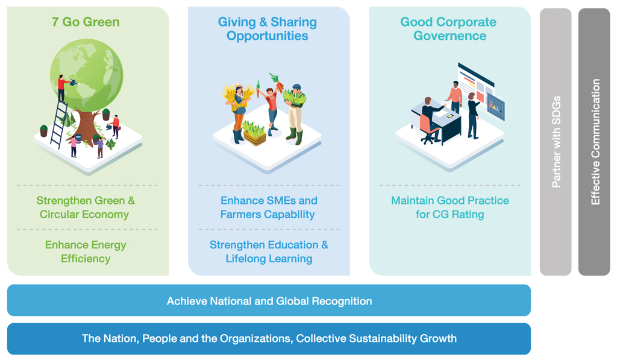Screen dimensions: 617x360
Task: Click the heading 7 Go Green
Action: click(86, 22)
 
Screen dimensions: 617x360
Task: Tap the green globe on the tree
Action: click(87, 75)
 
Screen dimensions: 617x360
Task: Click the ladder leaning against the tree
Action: click(58, 124)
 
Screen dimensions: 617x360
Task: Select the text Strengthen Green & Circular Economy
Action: click(86, 207)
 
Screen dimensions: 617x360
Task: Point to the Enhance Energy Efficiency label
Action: click(86, 251)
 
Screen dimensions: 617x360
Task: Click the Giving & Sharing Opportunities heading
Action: click(267, 28)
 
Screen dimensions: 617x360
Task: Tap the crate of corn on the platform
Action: click(254, 133)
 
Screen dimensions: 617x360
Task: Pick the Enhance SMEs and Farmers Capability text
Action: click(268, 207)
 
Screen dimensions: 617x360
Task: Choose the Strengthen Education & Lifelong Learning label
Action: click(269, 251)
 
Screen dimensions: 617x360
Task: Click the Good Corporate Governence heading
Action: click(448, 28)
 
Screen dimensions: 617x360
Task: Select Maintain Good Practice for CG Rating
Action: click(449, 207)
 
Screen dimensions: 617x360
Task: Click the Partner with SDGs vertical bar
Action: click(555, 142)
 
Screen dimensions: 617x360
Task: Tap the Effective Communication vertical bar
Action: click(594, 142)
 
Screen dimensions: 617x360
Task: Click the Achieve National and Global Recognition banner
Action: click(269, 300)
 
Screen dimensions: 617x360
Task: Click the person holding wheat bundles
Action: click(237, 113)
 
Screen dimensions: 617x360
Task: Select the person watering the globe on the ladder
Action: click(62, 88)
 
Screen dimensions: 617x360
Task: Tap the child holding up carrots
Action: click(271, 106)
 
